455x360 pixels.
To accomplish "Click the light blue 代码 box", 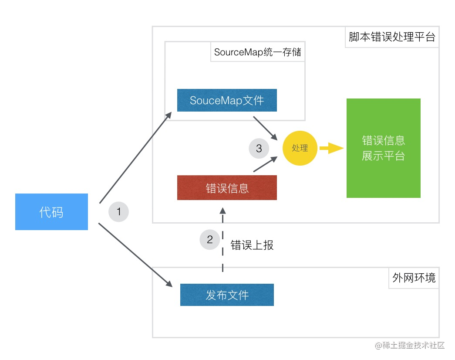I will point(51,212).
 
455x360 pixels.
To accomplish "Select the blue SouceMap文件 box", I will point(227,100).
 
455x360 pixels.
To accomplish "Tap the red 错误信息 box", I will point(227,188).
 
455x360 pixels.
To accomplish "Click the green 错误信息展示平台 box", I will point(383,148).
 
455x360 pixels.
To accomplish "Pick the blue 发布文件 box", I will point(227,295).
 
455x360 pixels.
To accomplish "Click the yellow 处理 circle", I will point(300,148).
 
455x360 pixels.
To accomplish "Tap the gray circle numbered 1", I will point(118,212).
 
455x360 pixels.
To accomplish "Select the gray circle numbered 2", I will point(210,239).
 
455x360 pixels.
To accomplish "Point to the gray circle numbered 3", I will point(259,148).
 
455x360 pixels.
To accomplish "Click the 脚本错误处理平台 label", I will point(392,37).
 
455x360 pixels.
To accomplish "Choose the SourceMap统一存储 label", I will point(257,53).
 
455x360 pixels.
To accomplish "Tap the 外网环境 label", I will point(414,278).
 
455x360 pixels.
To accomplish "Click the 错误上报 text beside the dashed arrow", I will point(252,245).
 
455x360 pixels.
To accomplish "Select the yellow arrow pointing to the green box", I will point(331,148).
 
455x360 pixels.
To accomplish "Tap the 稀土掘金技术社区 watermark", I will point(409,346).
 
